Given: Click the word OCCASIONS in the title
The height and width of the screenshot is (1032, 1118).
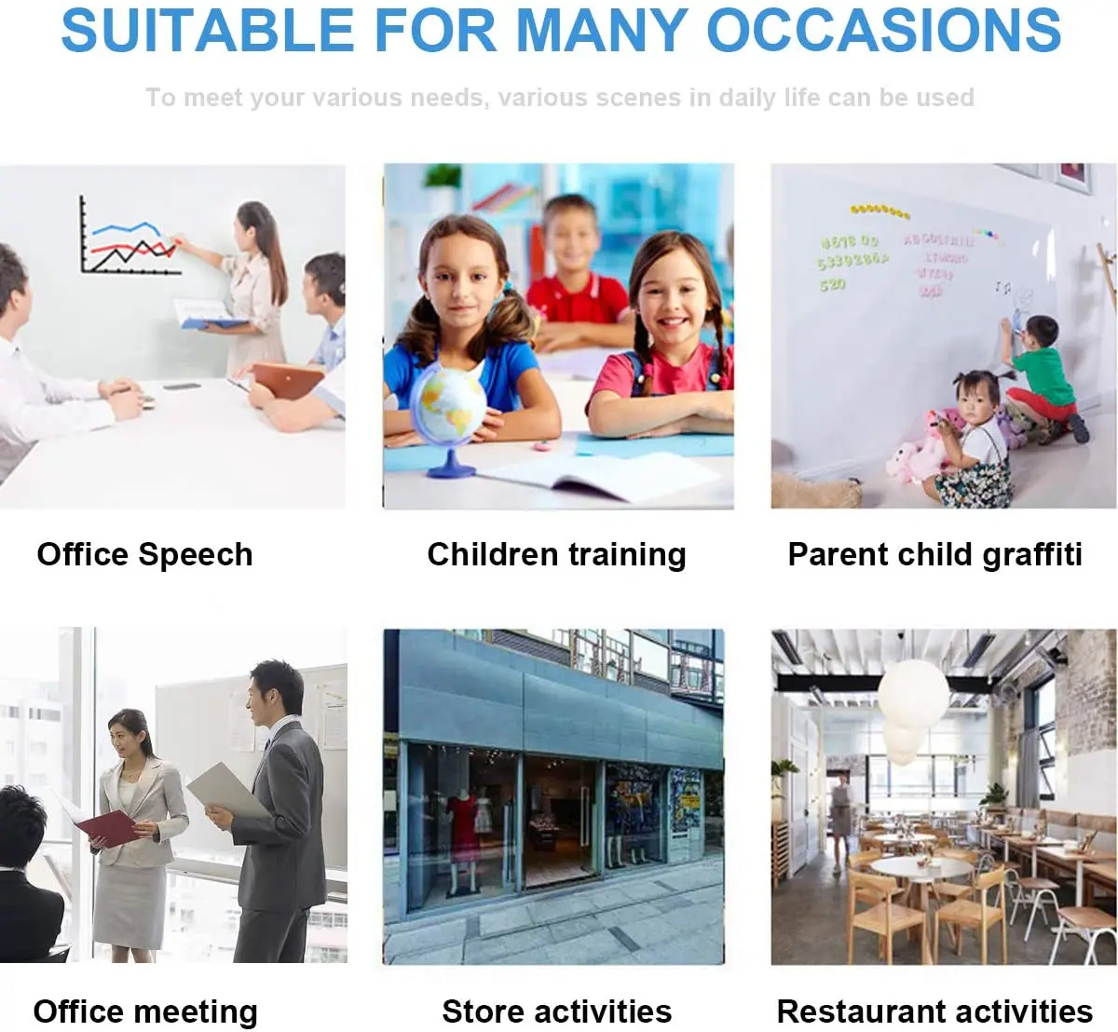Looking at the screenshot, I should click(884, 30).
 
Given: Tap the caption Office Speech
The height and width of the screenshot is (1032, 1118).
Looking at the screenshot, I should click(144, 554).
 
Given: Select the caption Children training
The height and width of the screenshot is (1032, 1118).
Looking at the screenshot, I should click(556, 554).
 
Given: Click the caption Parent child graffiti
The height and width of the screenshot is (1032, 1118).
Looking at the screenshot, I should click(934, 554).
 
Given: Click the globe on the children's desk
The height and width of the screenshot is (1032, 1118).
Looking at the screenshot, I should click(448, 408).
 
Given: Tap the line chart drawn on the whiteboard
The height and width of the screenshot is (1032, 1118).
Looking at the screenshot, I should click(130, 240).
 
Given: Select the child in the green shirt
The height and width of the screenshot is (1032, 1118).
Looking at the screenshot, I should click(1042, 373).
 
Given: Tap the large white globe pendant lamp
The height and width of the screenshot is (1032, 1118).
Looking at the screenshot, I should click(913, 694).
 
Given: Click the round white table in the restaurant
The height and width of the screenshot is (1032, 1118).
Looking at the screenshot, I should click(920, 869).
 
